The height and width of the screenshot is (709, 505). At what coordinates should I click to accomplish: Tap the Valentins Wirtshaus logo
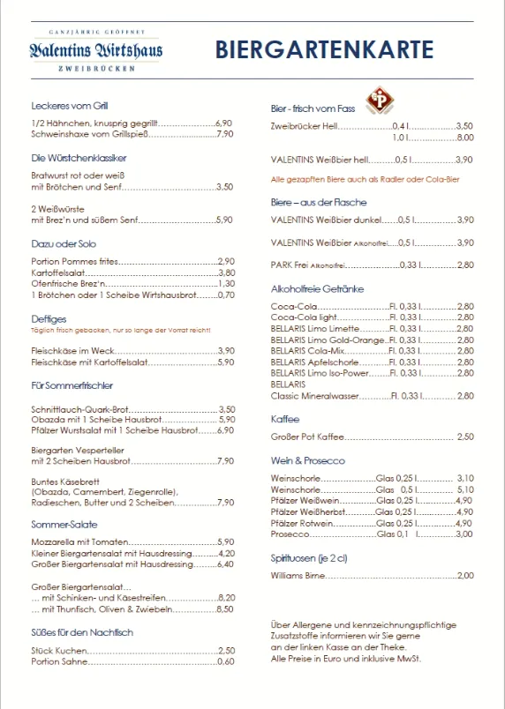pyautogui.click(x=95, y=50)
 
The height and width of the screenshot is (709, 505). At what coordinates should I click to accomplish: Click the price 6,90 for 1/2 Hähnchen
pyautogui.click(x=224, y=123)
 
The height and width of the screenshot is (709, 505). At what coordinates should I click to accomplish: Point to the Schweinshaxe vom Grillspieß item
pyautogui.click(x=86, y=134)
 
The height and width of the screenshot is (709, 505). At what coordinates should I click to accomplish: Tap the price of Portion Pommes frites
pyautogui.click(x=226, y=262)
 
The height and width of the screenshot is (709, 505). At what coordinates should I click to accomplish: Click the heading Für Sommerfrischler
pyautogui.click(x=72, y=385)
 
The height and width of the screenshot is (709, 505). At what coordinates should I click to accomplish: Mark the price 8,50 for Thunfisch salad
pyautogui.click(x=225, y=608)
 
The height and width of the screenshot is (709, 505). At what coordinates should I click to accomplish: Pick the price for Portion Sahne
pyautogui.click(x=226, y=661)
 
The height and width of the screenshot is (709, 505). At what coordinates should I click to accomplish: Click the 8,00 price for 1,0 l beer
pyautogui.click(x=465, y=138)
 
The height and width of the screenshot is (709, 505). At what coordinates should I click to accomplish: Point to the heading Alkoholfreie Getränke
pyautogui.click(x=317, y=288)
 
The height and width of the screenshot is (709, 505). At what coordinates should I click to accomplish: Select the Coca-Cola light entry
pyautogui.click(x=304, y=317)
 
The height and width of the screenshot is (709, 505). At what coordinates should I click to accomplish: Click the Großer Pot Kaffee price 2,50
pyautogui.click(x=466, y=437)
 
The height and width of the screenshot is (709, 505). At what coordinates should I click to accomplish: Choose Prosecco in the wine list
pyautogui.click(x=291, y=534)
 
